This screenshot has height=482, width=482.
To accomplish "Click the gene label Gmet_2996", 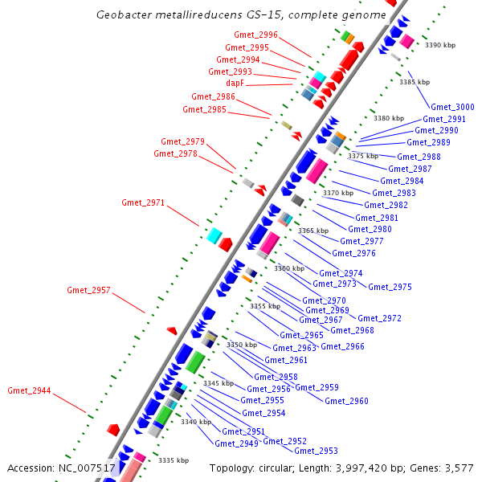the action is coord(256,35).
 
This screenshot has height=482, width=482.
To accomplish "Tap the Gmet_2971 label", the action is coord(143,202).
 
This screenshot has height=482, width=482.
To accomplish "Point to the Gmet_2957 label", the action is coord(88,290).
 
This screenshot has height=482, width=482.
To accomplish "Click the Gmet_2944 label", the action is coord(29,390).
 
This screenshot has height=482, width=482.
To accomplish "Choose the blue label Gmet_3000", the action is coord(452,107).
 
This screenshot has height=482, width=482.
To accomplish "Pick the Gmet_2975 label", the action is coord(390,287).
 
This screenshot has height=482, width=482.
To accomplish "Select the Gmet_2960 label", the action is coord(346,401).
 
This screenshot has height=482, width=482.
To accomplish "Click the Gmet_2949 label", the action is coord(236,443).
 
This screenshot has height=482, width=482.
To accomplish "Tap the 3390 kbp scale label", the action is coord(439,46).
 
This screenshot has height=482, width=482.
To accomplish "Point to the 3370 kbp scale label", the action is coord(337,193).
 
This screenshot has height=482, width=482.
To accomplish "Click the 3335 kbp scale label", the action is coord(173,460).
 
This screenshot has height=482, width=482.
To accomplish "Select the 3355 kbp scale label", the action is coord(265,306).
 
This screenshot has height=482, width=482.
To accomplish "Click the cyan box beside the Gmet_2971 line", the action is coord(214,235).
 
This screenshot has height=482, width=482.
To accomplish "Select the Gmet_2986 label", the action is coord(213,96).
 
